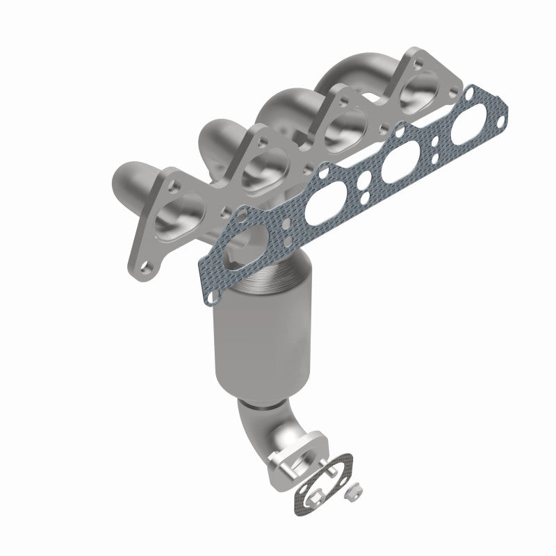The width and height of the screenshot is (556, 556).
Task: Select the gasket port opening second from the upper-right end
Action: point(394,162)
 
